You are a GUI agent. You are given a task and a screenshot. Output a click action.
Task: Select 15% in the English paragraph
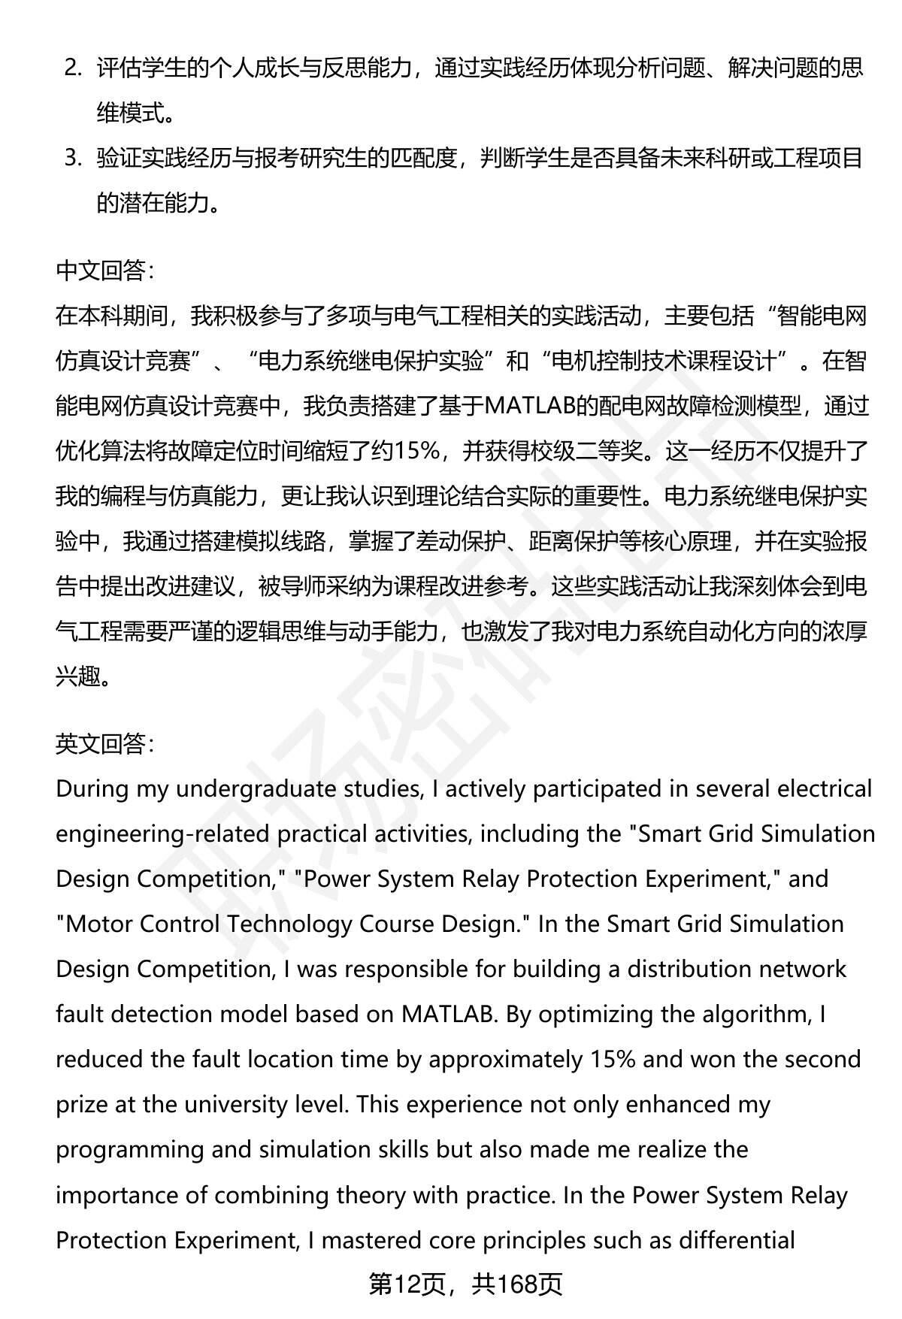(610, 1059)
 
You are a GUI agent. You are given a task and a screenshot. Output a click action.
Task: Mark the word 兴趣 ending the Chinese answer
(77, 676)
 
